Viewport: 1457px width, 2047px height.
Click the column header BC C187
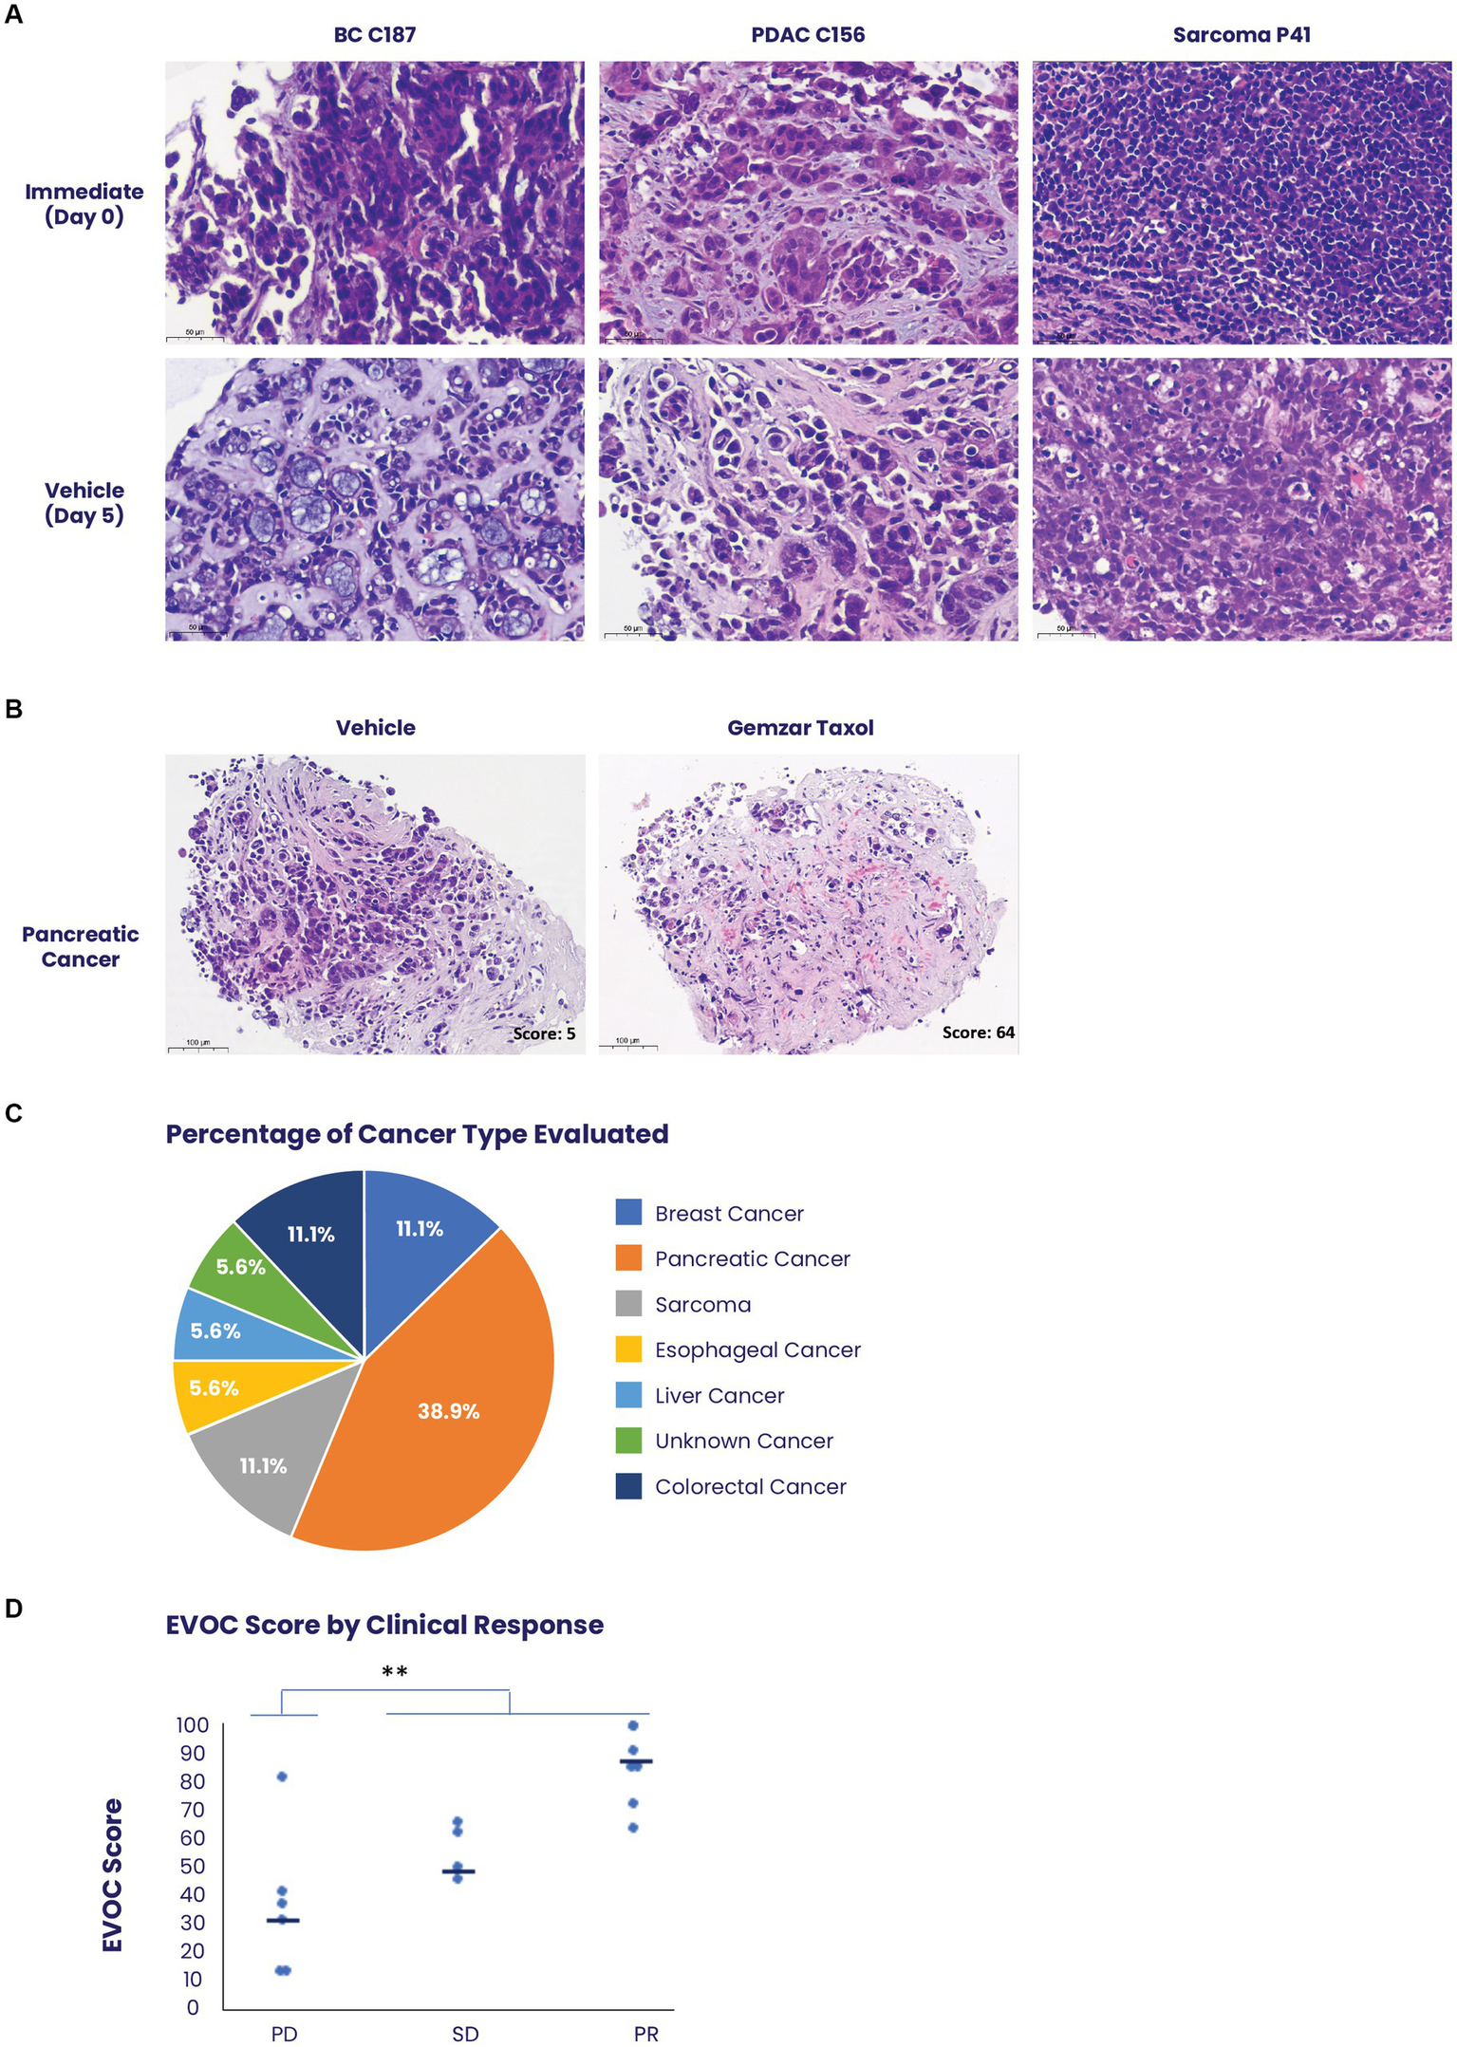(x=374, y=35)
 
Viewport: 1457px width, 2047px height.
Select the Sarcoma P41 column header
(x=1241, y=35)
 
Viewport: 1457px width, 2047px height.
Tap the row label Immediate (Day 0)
(x=84, y=204)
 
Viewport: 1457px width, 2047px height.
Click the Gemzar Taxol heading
(x=800, y=728)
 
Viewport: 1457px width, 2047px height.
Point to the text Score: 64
(x=978, y=1033)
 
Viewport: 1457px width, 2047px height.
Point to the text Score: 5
(x=544, y=1033)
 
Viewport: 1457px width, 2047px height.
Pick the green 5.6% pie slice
(x=233, y=1262)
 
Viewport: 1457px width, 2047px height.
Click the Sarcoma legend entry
(x=702, y=1305)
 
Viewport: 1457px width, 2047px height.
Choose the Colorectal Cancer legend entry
(x=750, y=1487)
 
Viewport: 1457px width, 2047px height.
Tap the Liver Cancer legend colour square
(x=628, y=1395)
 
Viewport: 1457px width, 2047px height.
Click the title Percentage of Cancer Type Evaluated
(x=417, y=1134)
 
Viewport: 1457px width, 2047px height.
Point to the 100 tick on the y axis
(x=193, y=1725)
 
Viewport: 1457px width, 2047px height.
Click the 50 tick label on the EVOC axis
(x=193, y=1866)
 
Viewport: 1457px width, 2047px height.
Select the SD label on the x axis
(x=465, y=2034)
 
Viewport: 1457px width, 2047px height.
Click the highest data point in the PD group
(x=282, y=1777)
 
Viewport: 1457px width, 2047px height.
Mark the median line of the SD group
(x=458, y=1871)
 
